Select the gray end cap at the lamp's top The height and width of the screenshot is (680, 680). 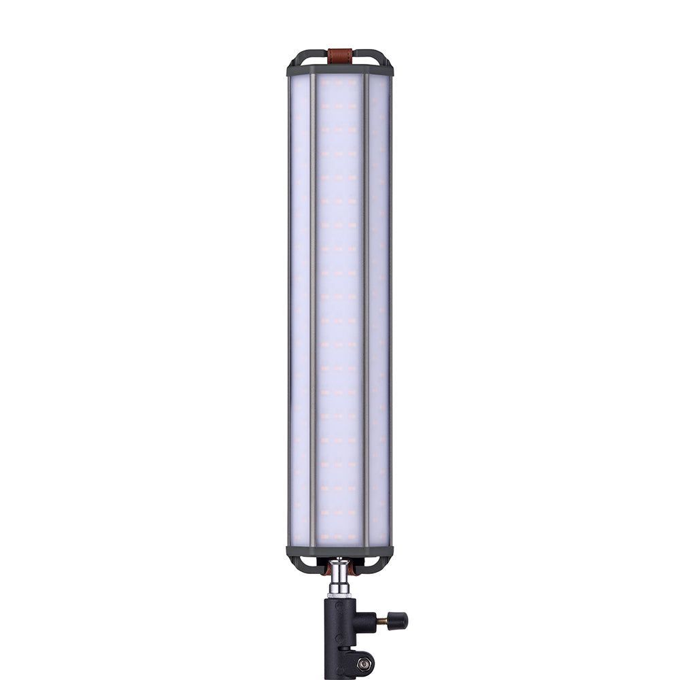(x=340, y=70)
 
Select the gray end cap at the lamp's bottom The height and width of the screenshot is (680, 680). (x=340, y=551)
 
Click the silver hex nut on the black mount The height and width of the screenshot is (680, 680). (x=364, y=662)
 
